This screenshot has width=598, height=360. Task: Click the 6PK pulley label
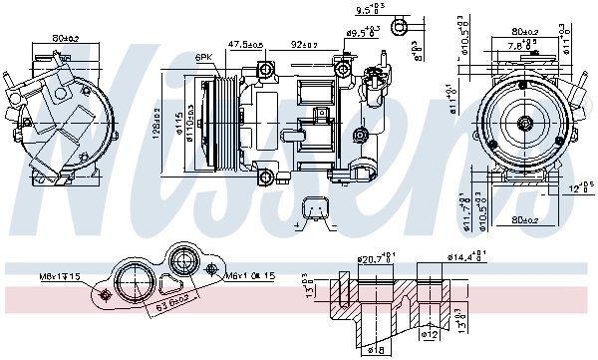coord(204,57)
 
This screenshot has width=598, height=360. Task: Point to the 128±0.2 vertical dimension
coord(157,122)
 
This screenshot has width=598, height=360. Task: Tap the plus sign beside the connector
coord(299,228)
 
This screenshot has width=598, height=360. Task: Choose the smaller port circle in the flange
coord(183,264)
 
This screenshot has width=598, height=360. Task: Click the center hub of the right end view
coord(525,124)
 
